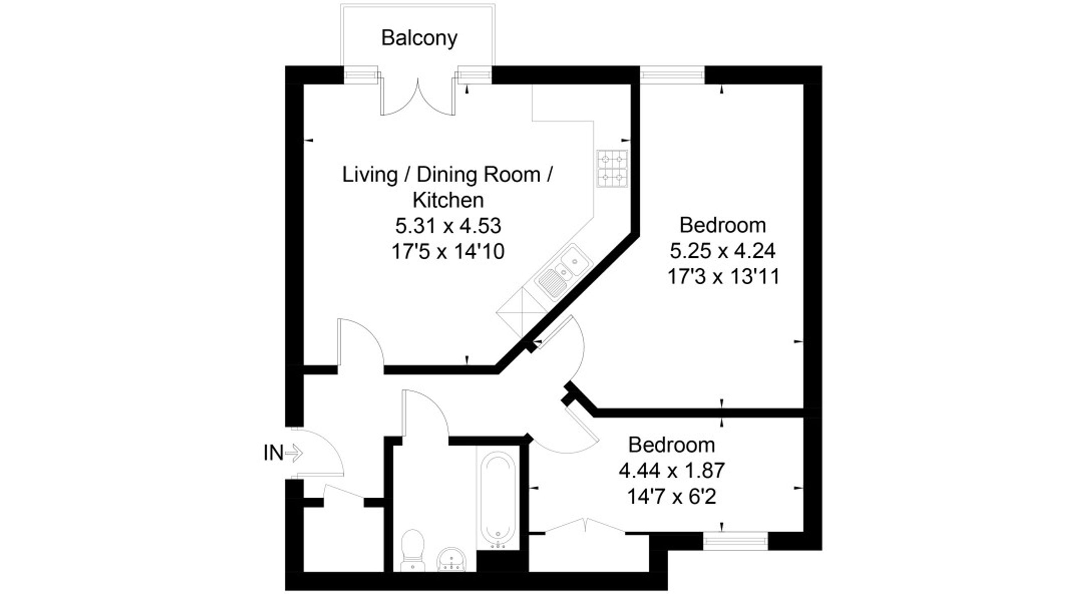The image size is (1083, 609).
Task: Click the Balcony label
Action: click(419, 38)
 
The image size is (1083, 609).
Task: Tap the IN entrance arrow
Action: click(293, 453)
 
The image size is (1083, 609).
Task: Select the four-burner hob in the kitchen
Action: click(612, 168)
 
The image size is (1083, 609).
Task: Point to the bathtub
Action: click(498, 498)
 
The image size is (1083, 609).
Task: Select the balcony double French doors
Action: click(418, 99)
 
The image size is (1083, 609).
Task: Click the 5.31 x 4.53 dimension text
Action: click(448, 226)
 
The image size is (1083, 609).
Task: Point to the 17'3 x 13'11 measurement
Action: click(723, 277)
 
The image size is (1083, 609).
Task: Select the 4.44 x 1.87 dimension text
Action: click(672, 470)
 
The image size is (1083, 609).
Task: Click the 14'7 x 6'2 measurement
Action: click(672, 497)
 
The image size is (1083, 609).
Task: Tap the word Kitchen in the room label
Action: click(448, 200)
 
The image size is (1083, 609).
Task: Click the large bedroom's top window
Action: click(672, 75)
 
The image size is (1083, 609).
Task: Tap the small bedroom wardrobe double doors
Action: click(585, 526)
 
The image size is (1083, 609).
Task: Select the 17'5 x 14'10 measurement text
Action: click(448, 252)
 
